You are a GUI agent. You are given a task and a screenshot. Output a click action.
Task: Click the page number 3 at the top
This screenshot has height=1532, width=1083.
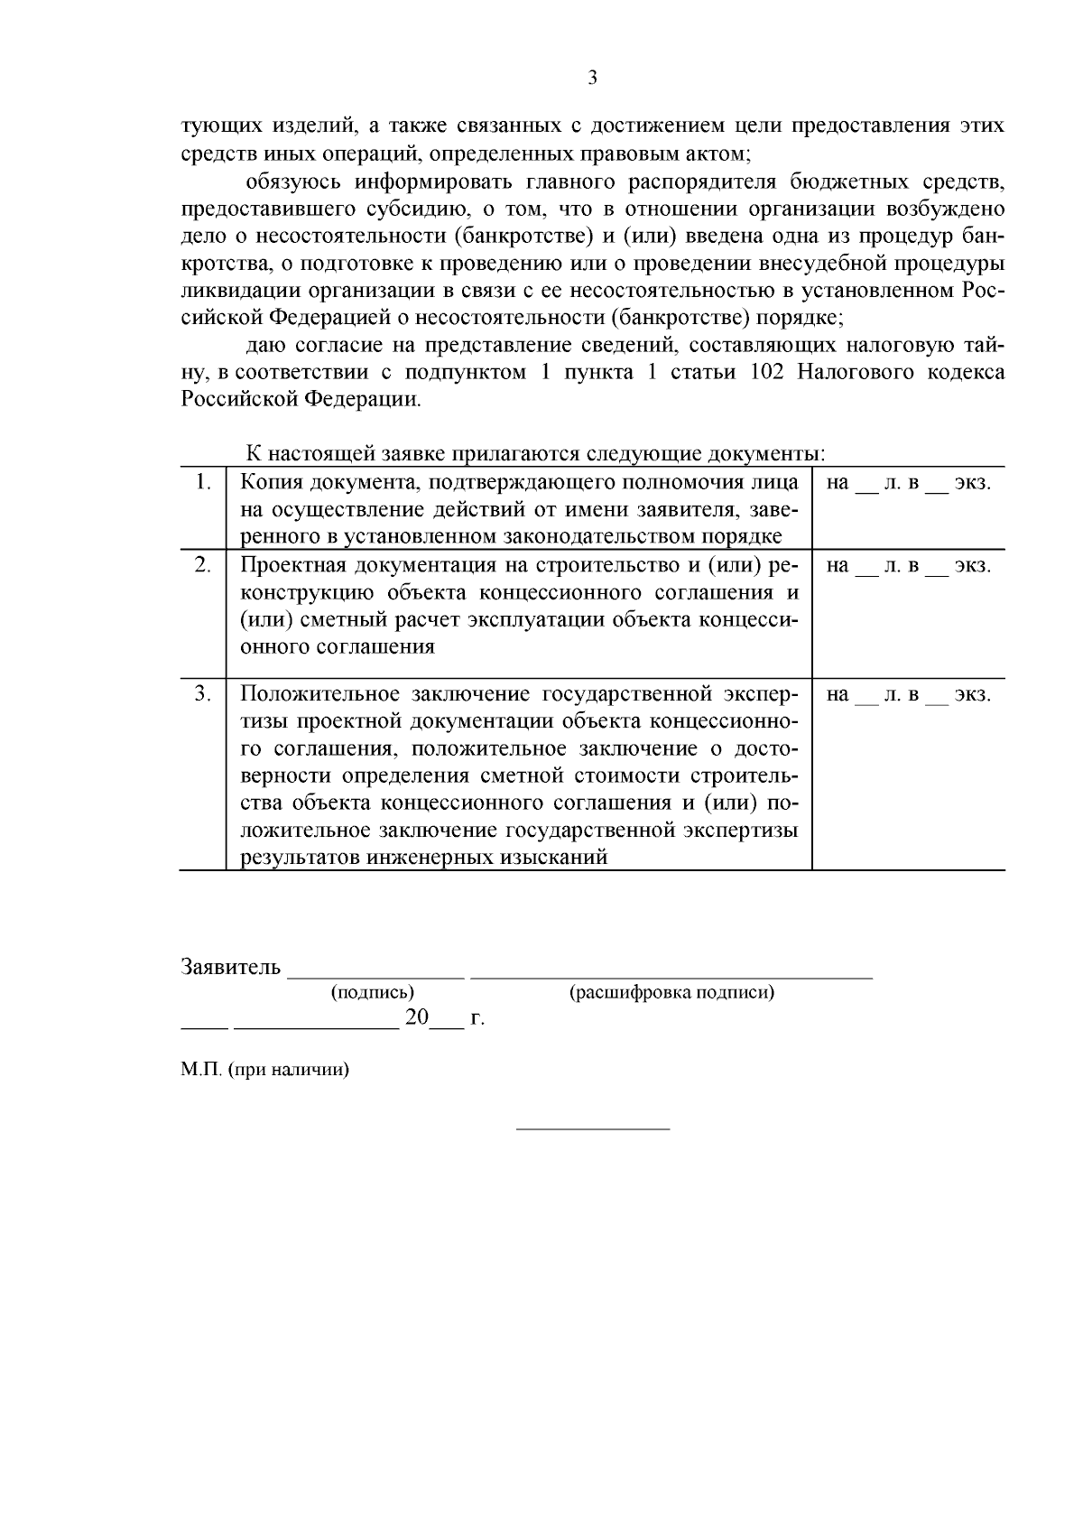(x=592, y=79)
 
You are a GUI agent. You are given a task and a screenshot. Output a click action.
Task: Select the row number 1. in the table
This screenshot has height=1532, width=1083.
(x=204, y=483)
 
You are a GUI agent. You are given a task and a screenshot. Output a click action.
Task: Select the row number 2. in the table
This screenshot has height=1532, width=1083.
(x=204, y=566)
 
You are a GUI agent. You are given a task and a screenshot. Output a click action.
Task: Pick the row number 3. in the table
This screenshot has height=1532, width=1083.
(x=204, y=694)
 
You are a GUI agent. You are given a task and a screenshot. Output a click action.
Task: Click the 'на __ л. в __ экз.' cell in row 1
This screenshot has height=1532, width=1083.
(x=908, y=484)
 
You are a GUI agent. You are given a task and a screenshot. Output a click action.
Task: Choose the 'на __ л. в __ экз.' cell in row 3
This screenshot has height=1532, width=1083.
(x=908, y=695)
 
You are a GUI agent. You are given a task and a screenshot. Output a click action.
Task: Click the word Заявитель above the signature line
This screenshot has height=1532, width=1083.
(x=231, y=967)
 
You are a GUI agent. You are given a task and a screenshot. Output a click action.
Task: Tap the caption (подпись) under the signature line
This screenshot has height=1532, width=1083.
(x=373, y=993)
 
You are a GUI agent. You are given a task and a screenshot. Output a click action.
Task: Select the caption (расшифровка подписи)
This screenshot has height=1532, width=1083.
(x=671, y=993)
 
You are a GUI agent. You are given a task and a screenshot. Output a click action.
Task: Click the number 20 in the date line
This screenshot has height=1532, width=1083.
(x=416, y=1018)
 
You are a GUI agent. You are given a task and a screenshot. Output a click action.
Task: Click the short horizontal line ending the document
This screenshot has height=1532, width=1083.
(x=592, y=1128)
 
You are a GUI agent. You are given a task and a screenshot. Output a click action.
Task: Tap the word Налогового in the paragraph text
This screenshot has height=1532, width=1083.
(x=856, y=373)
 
